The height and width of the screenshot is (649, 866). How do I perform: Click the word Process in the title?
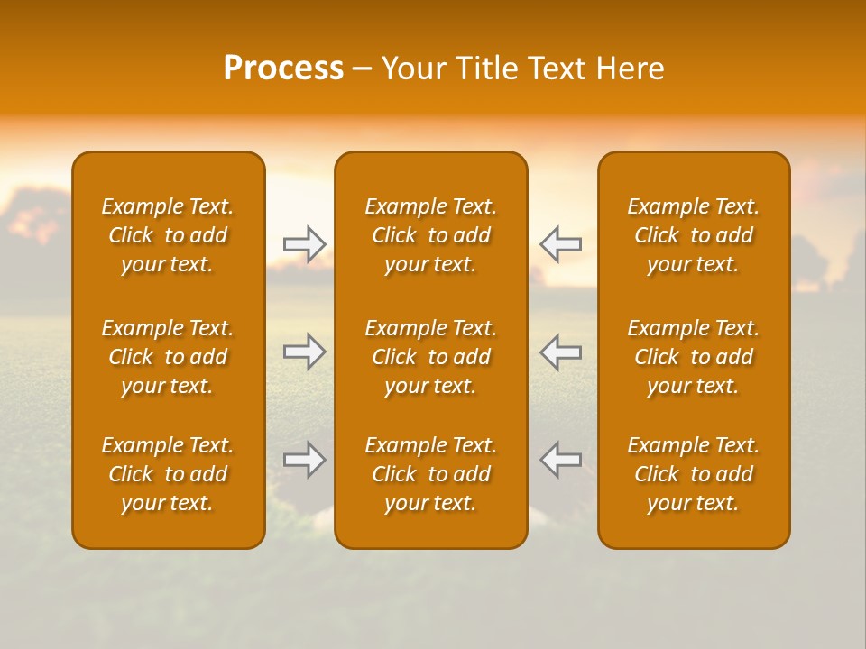(x=283, y=69)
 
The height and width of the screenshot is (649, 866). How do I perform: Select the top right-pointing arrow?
(x=305, y=244)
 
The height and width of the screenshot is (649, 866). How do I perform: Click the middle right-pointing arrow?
(x=305, y=352)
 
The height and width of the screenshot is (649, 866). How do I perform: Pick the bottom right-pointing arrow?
(x=305, y=460)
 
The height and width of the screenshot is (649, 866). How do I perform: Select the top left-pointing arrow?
(x=560, y=244)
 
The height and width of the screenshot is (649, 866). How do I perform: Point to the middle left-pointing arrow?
(x=560, y=352)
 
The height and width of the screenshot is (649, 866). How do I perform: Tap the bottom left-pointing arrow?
(x=560, y=460)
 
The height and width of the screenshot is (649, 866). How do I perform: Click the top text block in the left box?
(x=168, y=235)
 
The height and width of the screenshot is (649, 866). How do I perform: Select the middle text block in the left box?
(x=168, y=357)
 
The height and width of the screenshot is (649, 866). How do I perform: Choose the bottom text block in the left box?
(x=168, y=474)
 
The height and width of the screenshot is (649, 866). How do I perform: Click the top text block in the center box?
(x=431, y=235)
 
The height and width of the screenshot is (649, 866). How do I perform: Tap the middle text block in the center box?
(x=431, y=357)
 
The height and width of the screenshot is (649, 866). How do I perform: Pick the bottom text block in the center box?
(x=431, y=474)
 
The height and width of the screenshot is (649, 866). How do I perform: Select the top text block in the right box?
(x=694, y=235)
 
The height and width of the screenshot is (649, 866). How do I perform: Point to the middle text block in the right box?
(x=694, y=357)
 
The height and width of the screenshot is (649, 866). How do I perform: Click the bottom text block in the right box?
(x=694, y=474)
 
